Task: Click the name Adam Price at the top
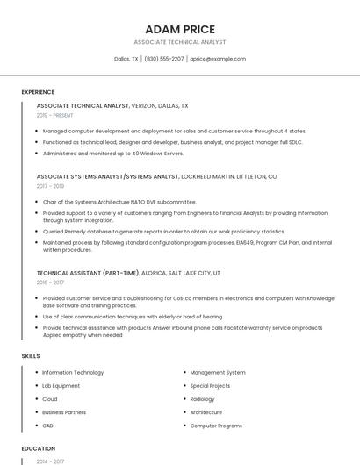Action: (180, 29)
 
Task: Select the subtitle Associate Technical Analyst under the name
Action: (180, 42)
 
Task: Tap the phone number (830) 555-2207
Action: (164, 59)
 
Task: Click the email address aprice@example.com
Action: (218, 59)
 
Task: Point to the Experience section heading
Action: (38, 92)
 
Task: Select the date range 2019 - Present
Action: (54, 115)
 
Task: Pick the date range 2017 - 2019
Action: (50, 186)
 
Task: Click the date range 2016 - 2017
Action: (50, 283)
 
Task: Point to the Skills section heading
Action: (31, 355)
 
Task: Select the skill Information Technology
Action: (73, 373)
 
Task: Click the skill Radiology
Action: (202, 399)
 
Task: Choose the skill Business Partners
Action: (64, 412)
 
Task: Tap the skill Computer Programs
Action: (216, 426)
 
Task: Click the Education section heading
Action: (38, 448)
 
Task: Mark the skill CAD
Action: (48, 426)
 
